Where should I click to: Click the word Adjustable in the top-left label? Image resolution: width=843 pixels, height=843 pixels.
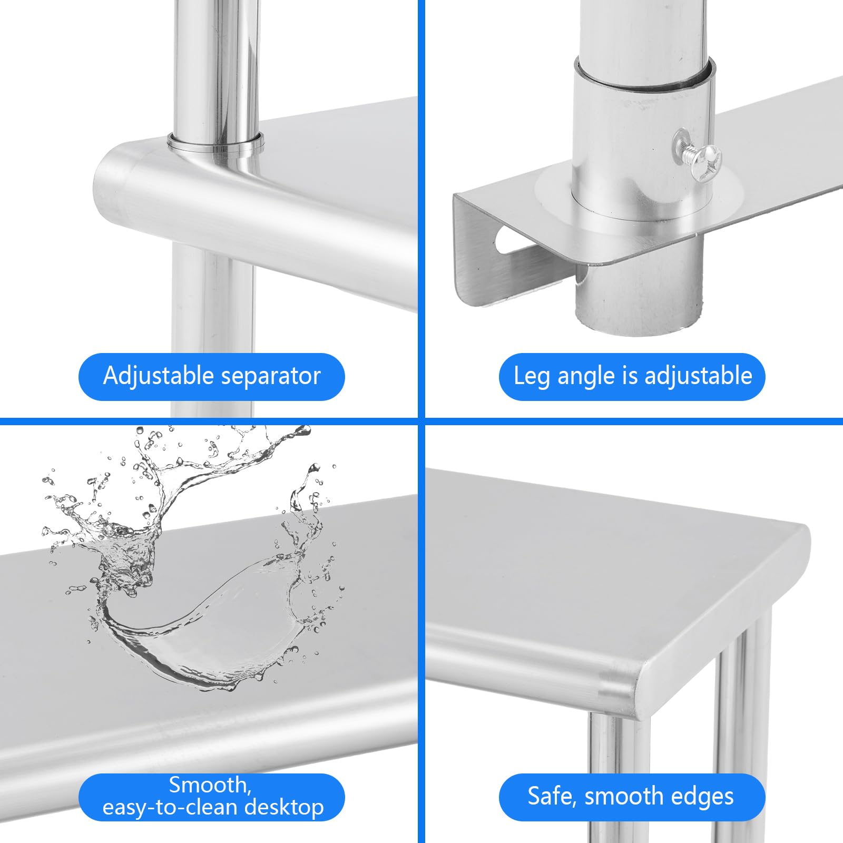(x=158, y=377)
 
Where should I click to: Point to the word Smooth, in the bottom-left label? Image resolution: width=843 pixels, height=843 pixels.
(x=210, y=786)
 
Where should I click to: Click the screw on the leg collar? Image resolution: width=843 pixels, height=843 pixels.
(x=697, y=156)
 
